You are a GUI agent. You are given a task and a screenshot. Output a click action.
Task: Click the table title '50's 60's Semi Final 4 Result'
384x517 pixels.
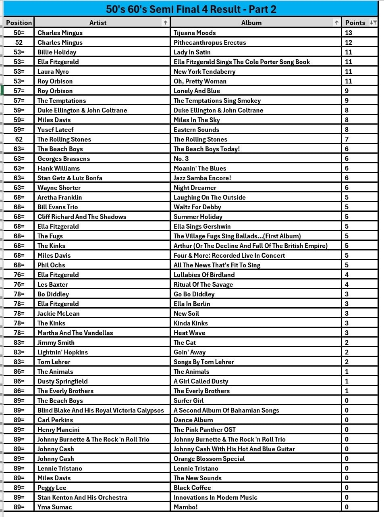(191, 9)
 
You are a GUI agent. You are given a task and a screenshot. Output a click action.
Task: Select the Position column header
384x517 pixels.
(19, 23)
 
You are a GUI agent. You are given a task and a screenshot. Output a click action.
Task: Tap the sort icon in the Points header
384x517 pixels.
(373, 23)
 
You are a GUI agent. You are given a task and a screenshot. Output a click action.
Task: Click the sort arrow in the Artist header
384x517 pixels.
(165, 23)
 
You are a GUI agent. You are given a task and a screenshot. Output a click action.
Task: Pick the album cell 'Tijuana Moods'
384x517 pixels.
(195, 33)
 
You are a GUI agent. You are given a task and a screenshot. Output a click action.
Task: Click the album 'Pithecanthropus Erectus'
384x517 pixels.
(210, 42)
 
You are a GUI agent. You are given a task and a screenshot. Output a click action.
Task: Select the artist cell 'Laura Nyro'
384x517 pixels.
(53, 71)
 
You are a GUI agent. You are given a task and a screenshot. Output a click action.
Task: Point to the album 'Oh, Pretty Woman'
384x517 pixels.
(200, 81)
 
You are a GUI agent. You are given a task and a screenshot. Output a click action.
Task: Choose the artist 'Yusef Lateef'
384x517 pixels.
(56, 129)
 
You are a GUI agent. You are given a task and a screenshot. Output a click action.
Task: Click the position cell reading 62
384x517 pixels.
(19, 139)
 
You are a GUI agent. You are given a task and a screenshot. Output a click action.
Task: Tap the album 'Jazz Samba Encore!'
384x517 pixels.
(202, 178)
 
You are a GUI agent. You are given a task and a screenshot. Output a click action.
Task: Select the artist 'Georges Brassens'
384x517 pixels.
(64, 158)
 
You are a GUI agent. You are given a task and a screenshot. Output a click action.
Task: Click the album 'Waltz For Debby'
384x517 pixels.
(197, 207)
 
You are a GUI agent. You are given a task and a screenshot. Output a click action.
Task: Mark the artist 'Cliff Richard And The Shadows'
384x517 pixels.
(82, 217)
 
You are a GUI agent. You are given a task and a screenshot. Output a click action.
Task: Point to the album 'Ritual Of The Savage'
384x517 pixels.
(203, 284)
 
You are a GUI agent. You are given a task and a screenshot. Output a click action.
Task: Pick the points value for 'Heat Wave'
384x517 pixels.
(347, 333)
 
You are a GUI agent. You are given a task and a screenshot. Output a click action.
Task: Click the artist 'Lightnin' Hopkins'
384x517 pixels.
(62, 352)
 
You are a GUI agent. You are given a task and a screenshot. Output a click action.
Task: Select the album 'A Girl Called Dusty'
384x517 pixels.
(201, 381)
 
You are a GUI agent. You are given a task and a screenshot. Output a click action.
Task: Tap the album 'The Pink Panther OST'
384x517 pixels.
(205, 429)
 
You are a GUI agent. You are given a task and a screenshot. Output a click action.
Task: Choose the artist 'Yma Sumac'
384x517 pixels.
(55, 507)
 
